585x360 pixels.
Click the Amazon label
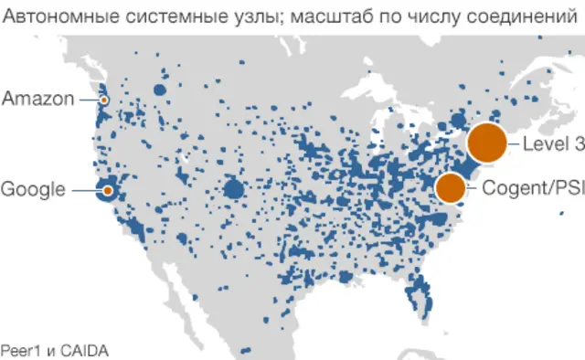pos(37,99)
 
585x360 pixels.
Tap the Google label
pos(33,190)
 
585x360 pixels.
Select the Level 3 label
pos(553,143)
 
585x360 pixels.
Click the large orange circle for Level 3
pos(486,143)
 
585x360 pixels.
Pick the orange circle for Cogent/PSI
pos(450,188)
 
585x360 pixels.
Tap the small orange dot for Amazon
pos(104,100)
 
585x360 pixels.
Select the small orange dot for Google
pos(108,190)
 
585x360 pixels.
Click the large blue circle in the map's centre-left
pos(234,189)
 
